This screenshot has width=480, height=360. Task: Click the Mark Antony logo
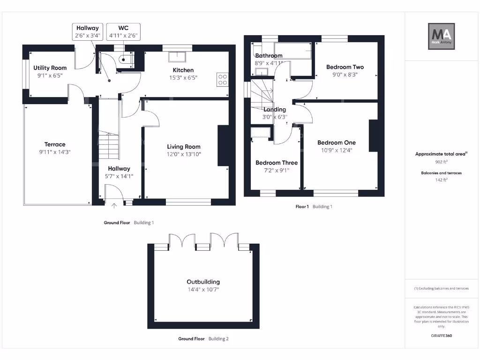[x=441, y=37]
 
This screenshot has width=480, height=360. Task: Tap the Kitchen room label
[x=183, y=70]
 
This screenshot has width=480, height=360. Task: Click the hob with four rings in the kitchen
[x=222, y=80]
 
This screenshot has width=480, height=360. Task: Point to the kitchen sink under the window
[x=177, y=57]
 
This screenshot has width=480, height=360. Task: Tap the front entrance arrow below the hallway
[x=114, y=205]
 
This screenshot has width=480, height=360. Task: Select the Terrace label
[x=55, y=144]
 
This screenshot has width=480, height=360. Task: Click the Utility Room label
[x=50, y=68]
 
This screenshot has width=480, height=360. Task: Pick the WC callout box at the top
[x=123, y=32]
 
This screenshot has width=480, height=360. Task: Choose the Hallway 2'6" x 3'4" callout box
[x=88, y=32]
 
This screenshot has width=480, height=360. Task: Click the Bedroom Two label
[x=345, y=67]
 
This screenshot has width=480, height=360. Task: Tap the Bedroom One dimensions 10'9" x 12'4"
[x=336, y=150]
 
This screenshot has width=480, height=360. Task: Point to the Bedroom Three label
[x=276, y=163]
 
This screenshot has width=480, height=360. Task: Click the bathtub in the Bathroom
[x=293, y=51]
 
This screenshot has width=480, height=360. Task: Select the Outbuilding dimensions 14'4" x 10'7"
[x=203, y=290]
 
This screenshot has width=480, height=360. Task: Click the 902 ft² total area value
[x=441, y=162]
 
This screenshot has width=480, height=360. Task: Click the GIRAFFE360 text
[x=441, y=336]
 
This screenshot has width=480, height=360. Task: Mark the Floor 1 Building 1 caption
[x=314, y=206]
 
